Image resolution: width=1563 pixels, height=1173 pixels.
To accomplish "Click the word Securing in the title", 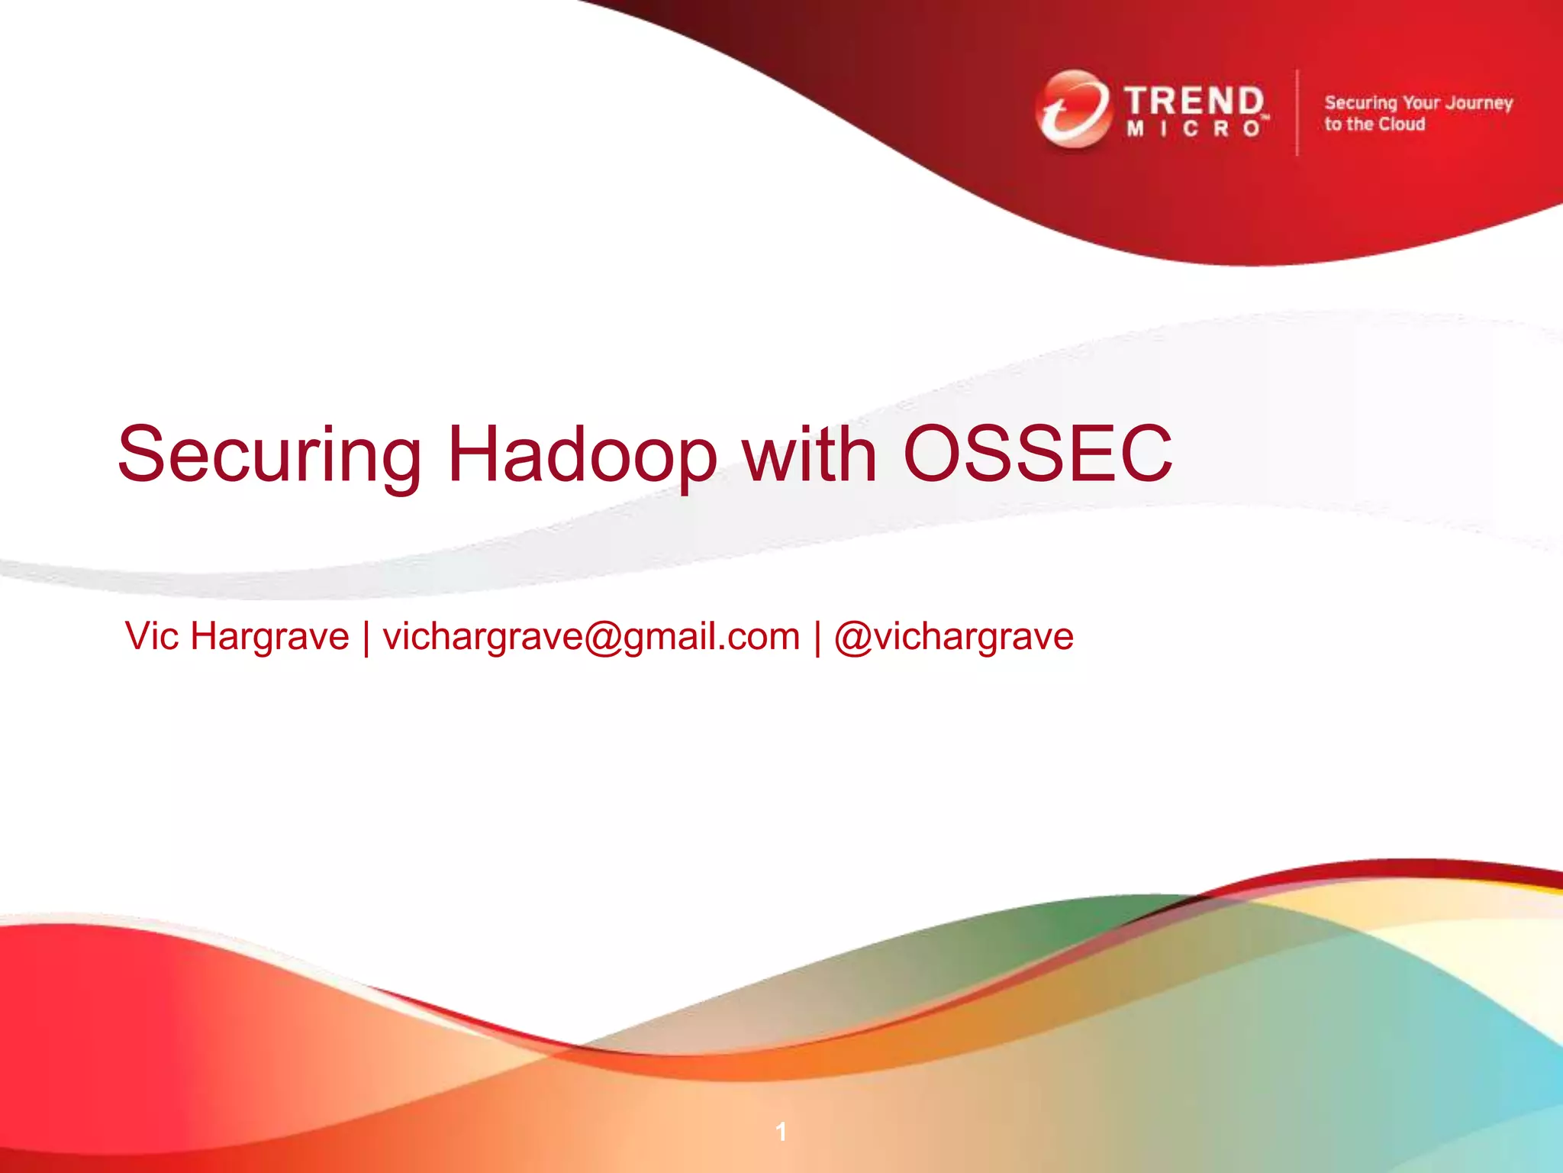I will tap(269, 455).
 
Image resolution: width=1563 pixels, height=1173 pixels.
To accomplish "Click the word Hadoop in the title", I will tap(582, 455).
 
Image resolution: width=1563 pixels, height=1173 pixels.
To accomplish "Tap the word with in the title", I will tap(810, 455).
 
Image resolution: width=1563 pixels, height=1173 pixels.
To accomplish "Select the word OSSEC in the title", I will tap(1037, 455).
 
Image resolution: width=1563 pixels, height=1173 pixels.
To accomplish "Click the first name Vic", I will tap(152, 636).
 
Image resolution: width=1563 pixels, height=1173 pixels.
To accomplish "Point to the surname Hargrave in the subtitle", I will tap(269, 636).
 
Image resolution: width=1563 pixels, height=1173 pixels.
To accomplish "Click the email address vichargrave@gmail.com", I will tap(591, 636).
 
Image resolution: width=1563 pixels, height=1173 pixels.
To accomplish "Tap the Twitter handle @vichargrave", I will tap(954, 636).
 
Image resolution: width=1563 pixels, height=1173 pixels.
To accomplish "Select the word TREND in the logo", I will tap(1194, 101).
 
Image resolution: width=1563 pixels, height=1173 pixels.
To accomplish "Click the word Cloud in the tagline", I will tap(1401, 124).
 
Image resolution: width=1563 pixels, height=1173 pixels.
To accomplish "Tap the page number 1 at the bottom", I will tap(781, 1131).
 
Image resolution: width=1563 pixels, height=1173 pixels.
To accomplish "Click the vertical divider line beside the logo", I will tap(1297, 112).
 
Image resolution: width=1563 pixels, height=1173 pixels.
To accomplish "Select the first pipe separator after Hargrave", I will tap(366, 638).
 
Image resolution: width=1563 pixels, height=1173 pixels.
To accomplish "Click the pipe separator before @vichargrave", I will tap(817, 638).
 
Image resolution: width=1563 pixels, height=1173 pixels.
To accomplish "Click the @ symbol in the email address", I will tap(604, 638).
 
